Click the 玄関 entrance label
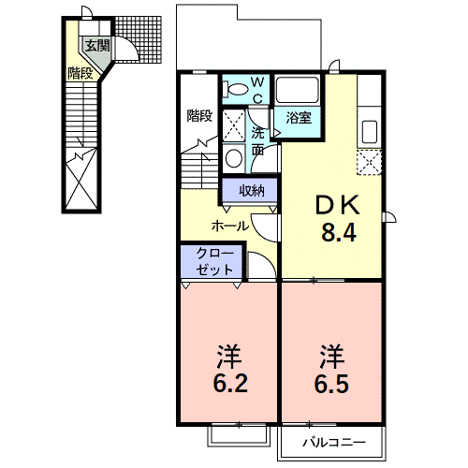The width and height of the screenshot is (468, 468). tap(97, 46)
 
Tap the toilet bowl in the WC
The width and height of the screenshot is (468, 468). tap(237, 88)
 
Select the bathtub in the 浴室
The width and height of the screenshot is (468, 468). tap(297, 89)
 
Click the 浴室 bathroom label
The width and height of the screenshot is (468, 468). tap(299, 118)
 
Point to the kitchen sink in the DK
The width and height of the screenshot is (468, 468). tap(370, 132)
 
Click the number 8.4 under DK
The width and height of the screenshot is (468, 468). tap(339, 232)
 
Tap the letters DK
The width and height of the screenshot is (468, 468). tap(338, 205)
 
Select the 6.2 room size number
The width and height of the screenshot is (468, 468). tap(230, 383)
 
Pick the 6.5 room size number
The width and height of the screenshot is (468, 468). tap(331, 383)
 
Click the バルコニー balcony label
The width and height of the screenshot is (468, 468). tap(334, 442)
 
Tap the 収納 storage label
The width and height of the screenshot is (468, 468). tap(252, 190)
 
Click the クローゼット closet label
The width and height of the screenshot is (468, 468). tap(214, 261)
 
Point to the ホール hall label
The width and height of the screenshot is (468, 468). tap(230, 226)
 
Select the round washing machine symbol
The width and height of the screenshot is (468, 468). tap(234, 158)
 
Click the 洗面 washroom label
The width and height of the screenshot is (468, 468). tap(258, 141)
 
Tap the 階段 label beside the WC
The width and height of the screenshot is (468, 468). tap(199, 116)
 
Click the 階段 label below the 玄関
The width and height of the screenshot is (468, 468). tap(80, 73)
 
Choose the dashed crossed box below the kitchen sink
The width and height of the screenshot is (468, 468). tap(369, 162)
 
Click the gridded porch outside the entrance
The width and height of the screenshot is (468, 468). tap(139, 40)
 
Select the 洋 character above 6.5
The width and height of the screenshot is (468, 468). tap(331, 356)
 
